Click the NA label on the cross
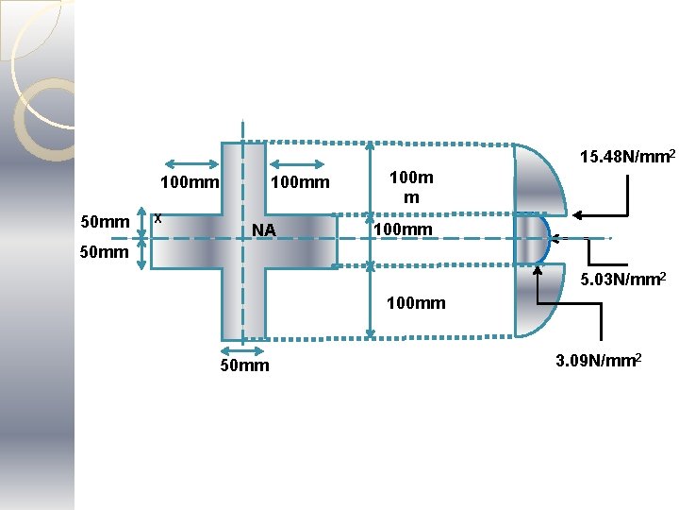pos(264,230)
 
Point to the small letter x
pos(158,218)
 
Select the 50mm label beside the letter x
pos(105,222)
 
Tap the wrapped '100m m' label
pos(411,187)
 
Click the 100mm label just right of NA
pos(403,230)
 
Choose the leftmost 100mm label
pos(190,181)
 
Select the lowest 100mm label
pos(416,305)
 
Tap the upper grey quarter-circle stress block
pos(539,179)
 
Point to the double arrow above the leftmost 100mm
pos(191,162)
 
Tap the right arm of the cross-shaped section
pos(302,242)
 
